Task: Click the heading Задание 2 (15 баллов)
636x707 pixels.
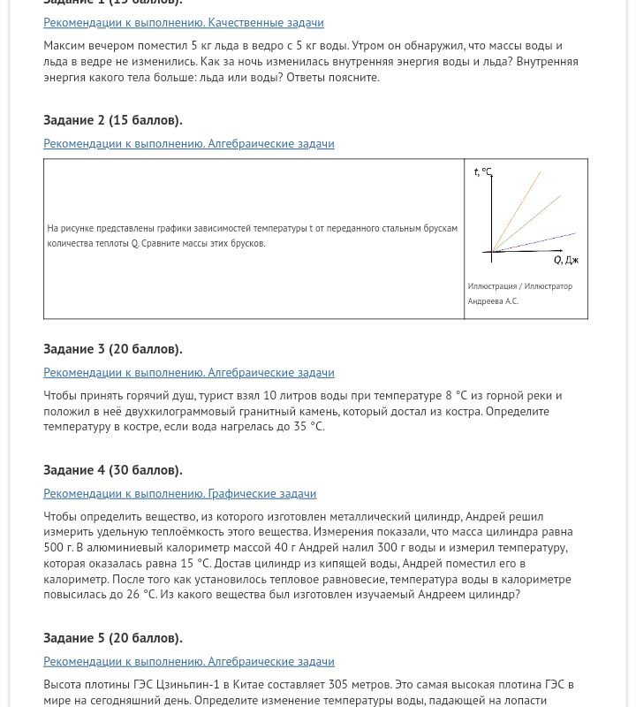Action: tap(112, 120)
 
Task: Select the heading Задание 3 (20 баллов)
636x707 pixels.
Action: tap(112, 349)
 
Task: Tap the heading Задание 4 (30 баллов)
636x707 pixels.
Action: tap(112, 470)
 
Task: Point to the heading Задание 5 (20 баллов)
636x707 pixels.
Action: tap(112, 638)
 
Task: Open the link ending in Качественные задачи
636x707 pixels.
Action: tap(183, 22)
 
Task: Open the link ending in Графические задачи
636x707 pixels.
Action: tap(179, 493)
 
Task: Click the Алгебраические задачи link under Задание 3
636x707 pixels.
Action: tap(188, 372)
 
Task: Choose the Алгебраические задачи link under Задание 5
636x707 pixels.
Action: tap(188, 661)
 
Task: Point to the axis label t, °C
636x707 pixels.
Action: tap(482, 172)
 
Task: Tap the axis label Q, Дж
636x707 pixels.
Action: tap(565, 261)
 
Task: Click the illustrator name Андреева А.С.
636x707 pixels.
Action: tap(493, 301)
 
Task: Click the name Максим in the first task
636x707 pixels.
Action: tap(64, 46)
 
